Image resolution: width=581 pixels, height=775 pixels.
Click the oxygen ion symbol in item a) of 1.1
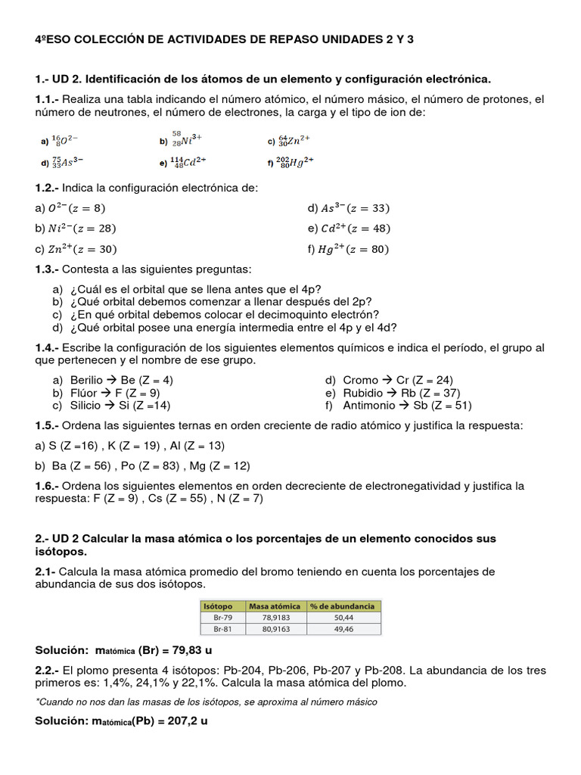pyautogui.click(x=64, y=140)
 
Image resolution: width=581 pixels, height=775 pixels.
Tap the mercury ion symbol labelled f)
pyautogui.click(x=296, y=161)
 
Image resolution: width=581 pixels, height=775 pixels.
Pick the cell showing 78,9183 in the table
pyautogui.click(x=277, y=618)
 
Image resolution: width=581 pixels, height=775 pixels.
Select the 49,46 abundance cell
pyautogui.click(x=343, y=628)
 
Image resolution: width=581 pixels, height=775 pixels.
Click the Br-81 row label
pyautogui.click(x=222, y=628)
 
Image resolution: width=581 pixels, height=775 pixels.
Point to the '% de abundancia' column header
pyautogui.click(x=343, y=606)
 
